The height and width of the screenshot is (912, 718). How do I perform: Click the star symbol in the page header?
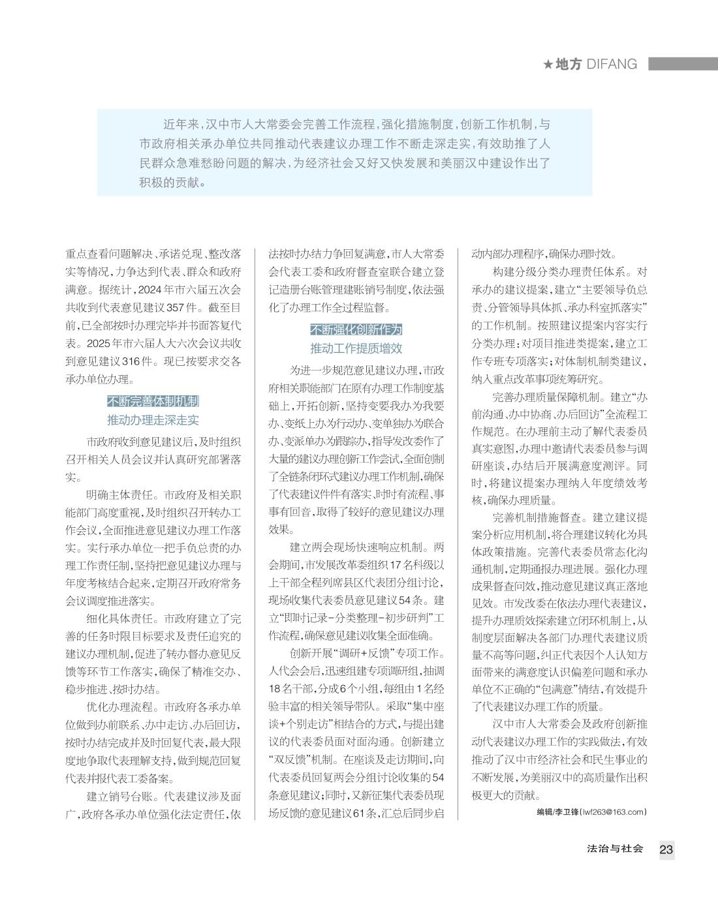click(548, 64)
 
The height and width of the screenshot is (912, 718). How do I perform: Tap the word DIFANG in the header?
click(612, 64)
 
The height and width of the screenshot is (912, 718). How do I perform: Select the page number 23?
click(666, 849)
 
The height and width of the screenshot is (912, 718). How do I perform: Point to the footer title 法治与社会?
click(615, 849)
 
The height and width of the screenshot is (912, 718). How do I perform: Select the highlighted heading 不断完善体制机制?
click(153, 401)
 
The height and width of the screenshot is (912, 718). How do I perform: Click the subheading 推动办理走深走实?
click(153, 419)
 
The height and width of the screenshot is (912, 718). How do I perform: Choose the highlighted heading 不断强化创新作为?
click(356, 329)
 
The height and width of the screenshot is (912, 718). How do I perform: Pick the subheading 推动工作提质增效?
click(356, 348)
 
